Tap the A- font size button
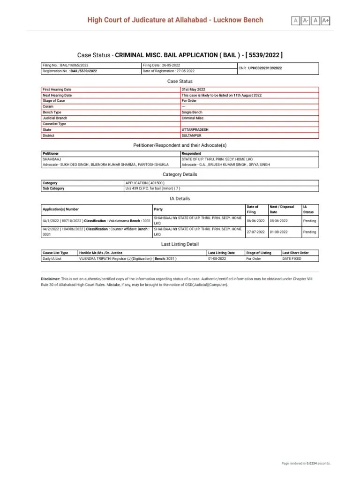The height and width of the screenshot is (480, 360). click(x=306, y=20)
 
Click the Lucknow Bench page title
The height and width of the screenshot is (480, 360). click(x=175, y=20)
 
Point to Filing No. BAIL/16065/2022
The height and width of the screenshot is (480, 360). click(x=65, y=65)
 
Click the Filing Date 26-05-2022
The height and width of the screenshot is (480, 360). click(x=161, y=65)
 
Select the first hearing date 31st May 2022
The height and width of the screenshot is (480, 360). click(x=193, y=89)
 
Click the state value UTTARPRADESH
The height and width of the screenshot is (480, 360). click(x=195, y=130)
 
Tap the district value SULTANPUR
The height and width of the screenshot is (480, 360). click(x=191, y=135)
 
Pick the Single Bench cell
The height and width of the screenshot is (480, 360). click(x=192, y=112)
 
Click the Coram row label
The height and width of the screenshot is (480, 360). click(x=48, y=106)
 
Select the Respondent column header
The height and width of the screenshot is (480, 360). click(x=191, y=153)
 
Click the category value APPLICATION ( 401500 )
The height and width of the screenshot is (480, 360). click(x=145, y=183)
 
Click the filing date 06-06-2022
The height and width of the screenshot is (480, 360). click(x=256, y=220)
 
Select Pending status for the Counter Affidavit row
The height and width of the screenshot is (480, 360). click(x=309, y=232)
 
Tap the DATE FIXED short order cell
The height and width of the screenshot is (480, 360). click(x=292, y=258)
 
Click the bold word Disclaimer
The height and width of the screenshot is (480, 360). click(x=51, y=278)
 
